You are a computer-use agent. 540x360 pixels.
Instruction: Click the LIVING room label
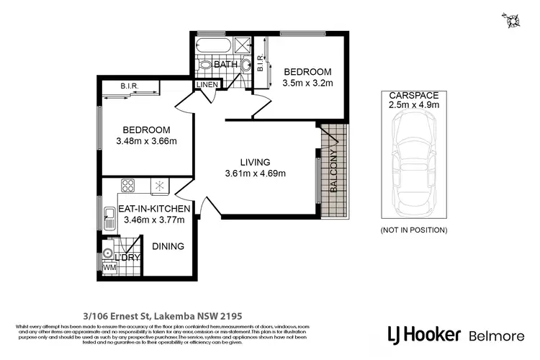256,161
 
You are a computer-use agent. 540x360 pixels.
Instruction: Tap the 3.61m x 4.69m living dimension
256,174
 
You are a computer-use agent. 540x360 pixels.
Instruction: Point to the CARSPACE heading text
413,95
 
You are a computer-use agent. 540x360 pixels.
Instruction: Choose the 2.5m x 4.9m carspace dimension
413,106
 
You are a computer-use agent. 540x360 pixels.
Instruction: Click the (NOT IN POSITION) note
413,230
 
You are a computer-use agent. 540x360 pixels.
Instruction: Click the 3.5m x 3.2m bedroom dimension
307,84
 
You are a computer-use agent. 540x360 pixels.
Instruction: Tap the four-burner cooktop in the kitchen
129,186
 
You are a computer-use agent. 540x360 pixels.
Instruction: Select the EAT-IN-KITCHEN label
154,209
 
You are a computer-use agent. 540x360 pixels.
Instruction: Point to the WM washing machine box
109,268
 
